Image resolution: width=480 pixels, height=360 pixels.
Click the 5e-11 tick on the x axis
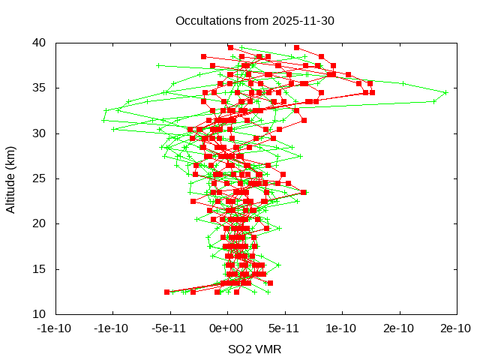pos(285,328)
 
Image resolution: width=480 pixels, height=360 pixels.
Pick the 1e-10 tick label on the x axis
pos(342,328)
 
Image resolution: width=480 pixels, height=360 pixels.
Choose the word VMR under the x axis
pos(269,349)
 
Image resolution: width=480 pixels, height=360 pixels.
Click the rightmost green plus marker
pos(445,92)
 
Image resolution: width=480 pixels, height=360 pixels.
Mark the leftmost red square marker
pos(166,292)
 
